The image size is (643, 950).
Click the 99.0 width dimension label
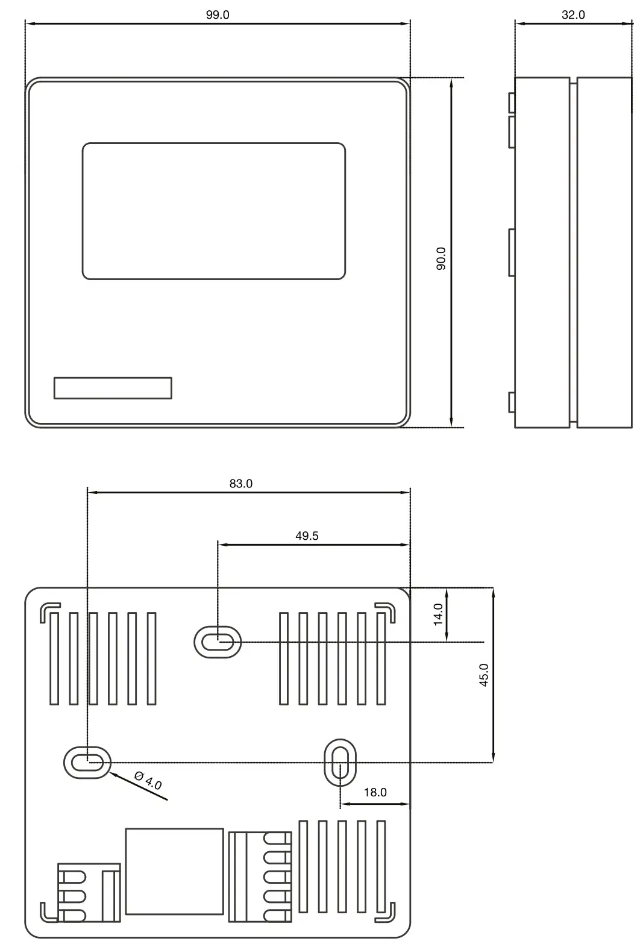coord(218,15)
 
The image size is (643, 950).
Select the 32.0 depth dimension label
coord(573,15)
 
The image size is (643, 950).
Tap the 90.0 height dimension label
coord(441,258)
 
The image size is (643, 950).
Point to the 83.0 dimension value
coord(240,484)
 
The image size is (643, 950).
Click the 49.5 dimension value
coord(307,536)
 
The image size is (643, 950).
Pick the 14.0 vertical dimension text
coord(438,614)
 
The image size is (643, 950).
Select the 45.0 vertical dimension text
coord(483,675)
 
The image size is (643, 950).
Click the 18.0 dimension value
coord(375,792)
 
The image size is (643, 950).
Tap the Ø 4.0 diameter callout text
coord(148,781)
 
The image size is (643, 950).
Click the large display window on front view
coord(213,211)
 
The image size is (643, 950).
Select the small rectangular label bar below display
coord(113,388)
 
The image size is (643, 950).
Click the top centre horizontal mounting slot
coord(217,642)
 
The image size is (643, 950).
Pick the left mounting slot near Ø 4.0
coord(87,763)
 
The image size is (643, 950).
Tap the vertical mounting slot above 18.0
coord(340,763)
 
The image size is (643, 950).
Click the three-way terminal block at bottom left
coord(87,893)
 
